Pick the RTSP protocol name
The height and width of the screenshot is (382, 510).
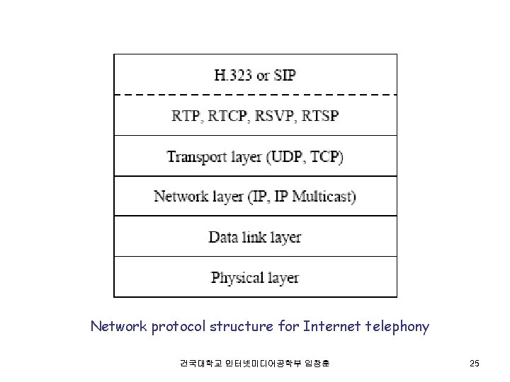point(318,115)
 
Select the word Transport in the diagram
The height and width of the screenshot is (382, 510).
point(195,156)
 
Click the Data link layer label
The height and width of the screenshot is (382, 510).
point(255,236)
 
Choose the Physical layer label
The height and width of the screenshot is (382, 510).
point(255,277)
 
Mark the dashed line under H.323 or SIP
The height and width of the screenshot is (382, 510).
point(255,93)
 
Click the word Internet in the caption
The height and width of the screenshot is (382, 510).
point(330,326)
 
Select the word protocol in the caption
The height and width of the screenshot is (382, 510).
point(175,327)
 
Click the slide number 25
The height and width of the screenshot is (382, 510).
point(474,364)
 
